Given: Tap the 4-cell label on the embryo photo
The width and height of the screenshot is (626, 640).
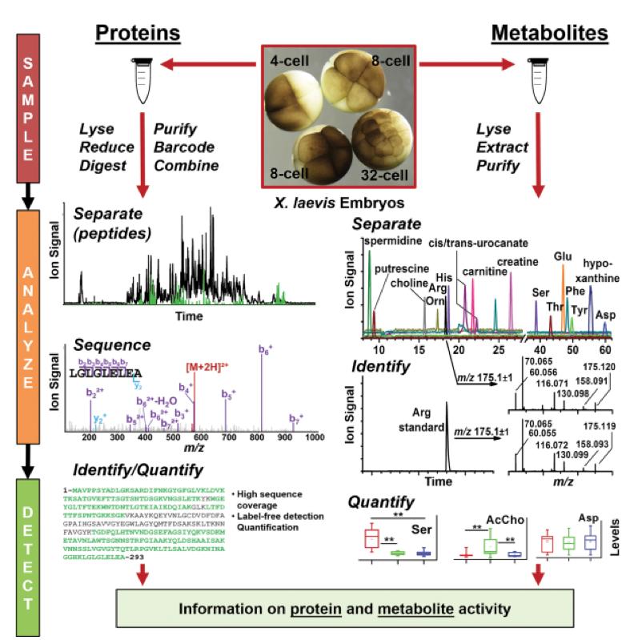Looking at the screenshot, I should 291,61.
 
